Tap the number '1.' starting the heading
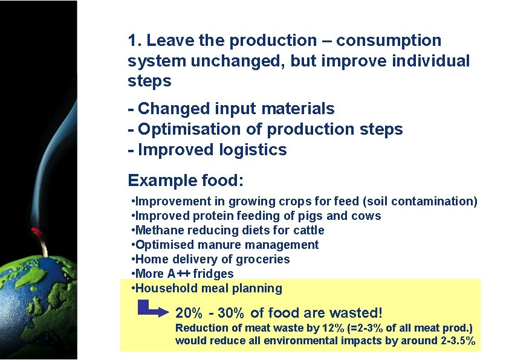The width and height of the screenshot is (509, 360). click(x=135, y=41)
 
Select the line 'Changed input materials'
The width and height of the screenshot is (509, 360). click(x=231, y=109)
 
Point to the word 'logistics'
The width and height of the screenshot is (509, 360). click(x=254, y=150)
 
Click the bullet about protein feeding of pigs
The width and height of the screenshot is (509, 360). click(x=256, y=216)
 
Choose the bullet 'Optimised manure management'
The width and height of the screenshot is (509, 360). click(x=225, y=245)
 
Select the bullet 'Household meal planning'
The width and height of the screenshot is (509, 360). click(x=207, y=288)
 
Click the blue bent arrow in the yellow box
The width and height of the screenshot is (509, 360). click(x=152, y=310)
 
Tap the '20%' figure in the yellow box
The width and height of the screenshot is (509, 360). click(x=188, y=313)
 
